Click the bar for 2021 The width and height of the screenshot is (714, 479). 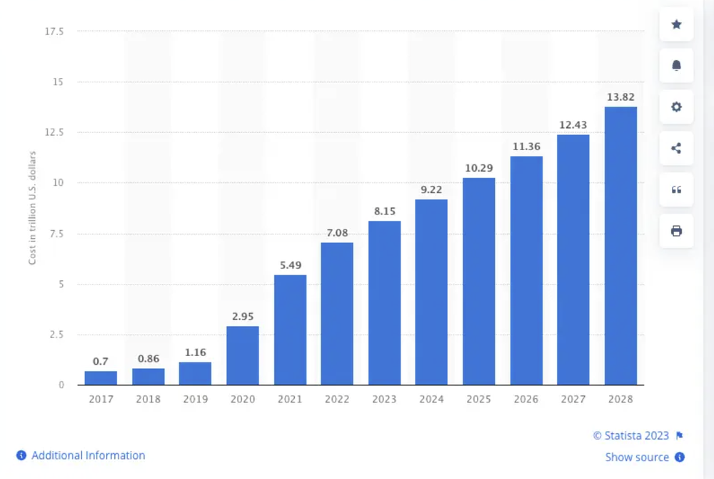pyautogui.click(x=290, y=330)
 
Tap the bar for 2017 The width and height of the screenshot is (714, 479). pyautogui.click(x=101, y=377)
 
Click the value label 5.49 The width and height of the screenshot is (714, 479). pyautogui.click(x=290, y=265)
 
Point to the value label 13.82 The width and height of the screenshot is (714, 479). pyautogui.click(x=620, y=97)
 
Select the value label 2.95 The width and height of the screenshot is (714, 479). pyautogui.click(x=243, y=316)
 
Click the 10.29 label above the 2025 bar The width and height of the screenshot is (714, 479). pyautogui.click(x=478, y=167)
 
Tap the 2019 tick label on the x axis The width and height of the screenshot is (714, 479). pyautogui.click(x=195, y=400)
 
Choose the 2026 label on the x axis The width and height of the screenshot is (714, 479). pyautogui.click(x=526, y=400)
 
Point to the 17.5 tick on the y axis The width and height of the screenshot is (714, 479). pyautogui.click(x=54, y=31)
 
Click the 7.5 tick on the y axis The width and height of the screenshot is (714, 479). pyautogui.click(x=57, y=234)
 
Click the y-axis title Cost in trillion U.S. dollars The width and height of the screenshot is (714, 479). pyautogui.click(x=32, y=208)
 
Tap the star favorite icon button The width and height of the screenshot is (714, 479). pyautogui.click(x=676, y=24)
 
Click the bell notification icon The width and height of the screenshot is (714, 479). pyautogui.click(x=676, y=66)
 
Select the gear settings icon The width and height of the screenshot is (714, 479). pyautogui.click(x=676, y=107)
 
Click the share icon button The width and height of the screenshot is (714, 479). pyautogui.click(x=676, y=149)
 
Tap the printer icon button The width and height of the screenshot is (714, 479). pyautogui.click(x=676, y=231)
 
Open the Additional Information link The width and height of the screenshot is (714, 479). pyautogui.click(x=88, y=455)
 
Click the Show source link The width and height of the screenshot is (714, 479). pyautogui.click(x=637, y=457)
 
